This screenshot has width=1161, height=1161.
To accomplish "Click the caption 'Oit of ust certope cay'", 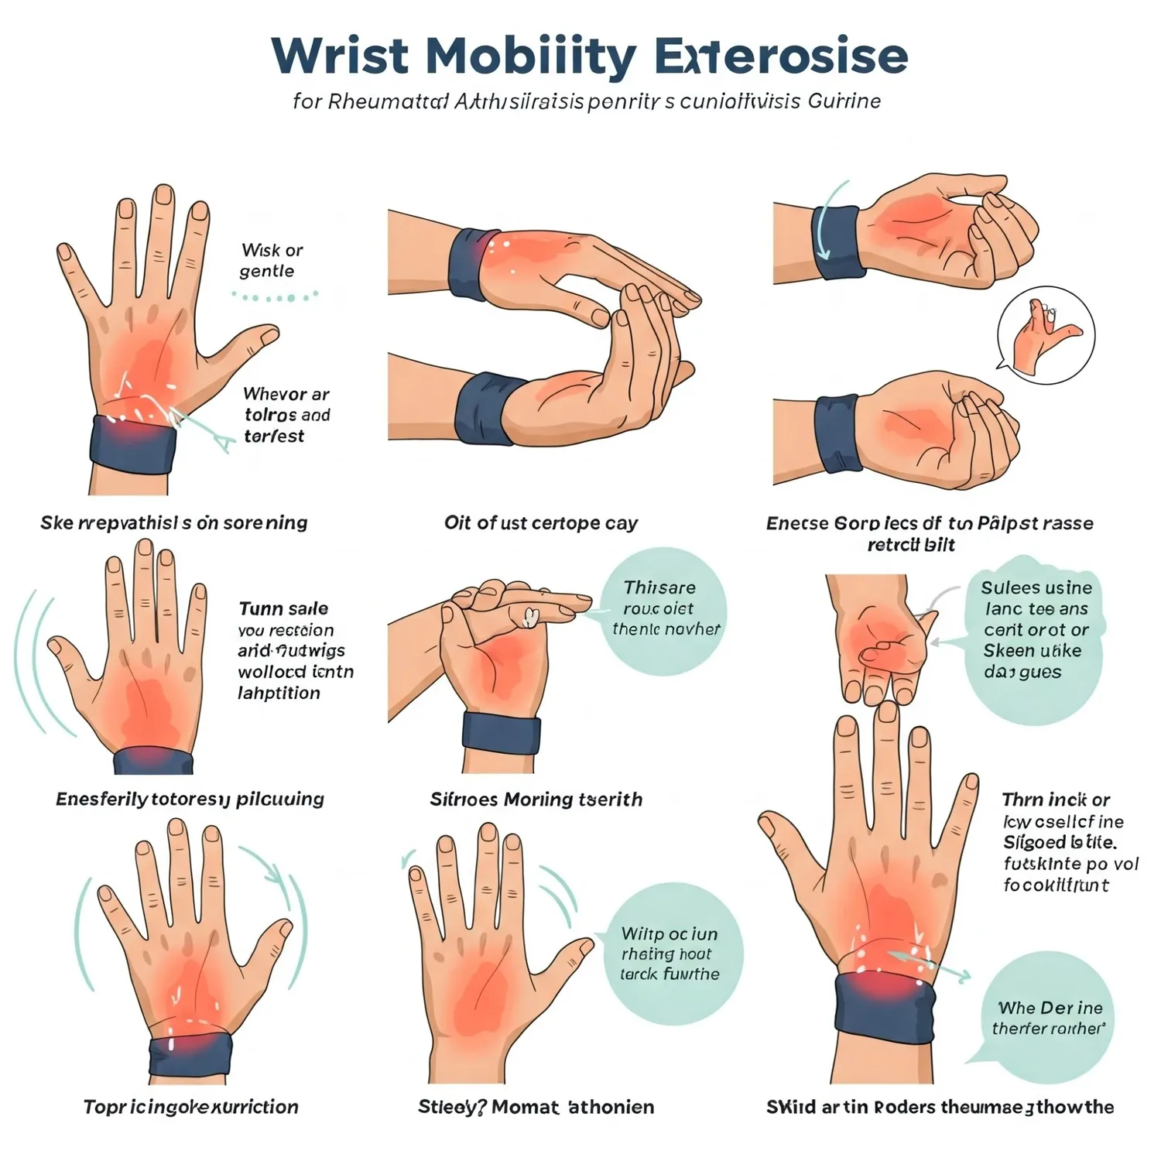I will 540,523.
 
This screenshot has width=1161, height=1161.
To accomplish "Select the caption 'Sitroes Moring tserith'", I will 536,800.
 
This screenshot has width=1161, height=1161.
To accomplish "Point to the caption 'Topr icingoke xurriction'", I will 190,1107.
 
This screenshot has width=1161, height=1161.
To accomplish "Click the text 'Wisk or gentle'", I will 271,260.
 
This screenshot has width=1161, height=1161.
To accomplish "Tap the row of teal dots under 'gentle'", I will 275,296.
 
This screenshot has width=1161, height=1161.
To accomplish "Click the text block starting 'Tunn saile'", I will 294,650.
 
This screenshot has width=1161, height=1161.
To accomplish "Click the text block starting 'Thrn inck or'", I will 1068,842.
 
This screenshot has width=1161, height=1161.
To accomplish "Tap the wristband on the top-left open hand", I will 133,440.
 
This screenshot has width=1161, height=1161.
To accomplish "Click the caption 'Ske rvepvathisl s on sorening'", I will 174,523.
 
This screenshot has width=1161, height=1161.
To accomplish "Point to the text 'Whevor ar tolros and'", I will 286,415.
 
